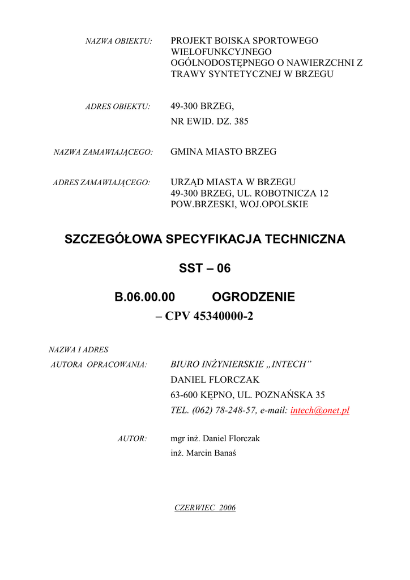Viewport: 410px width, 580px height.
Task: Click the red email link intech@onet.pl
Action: coord(319,411)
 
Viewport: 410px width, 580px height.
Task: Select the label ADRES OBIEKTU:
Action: coord(117,106)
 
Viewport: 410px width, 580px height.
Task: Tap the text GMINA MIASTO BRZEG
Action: coord(223,152)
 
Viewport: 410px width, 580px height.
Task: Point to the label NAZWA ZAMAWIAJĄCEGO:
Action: coord(103,152)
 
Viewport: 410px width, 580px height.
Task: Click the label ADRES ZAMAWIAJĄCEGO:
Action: coord(101,182)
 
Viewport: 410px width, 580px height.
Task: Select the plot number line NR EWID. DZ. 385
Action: coord(209,121)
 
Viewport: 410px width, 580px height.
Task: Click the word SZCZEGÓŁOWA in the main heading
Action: coord(113,239)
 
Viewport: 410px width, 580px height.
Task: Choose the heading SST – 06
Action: coord(205,268)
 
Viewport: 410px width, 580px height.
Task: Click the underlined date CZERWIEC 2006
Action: coord(205,507)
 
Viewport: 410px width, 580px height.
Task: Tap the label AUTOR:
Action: coord(132,438)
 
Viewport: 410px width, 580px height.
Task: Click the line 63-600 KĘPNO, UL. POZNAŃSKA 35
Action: coord(247,395)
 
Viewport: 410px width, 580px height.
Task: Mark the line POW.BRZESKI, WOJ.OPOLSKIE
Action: coord(239,204)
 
